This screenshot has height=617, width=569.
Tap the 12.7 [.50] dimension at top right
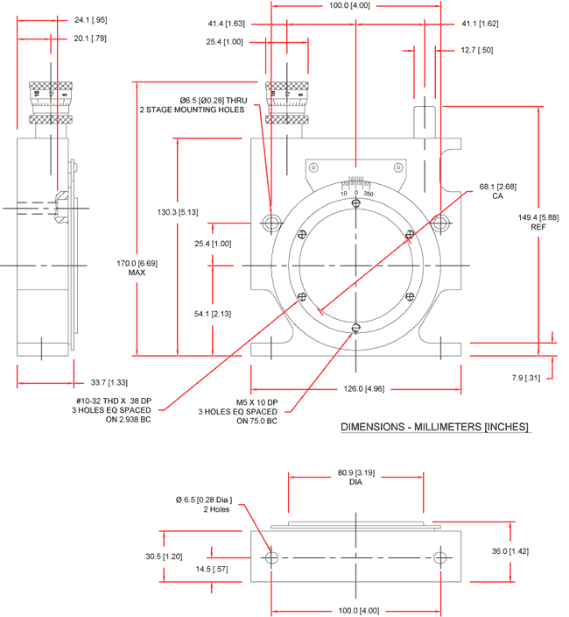477,50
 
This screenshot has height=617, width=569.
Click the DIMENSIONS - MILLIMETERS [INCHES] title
434,429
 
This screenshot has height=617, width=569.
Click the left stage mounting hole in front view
271,219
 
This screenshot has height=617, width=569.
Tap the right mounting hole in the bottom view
440,558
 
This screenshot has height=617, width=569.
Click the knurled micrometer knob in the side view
43,103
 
